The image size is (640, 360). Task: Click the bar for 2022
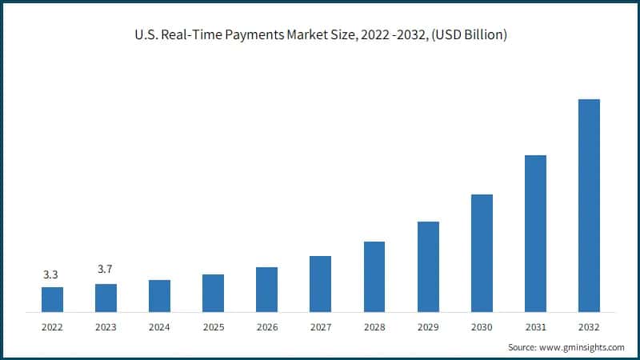tap(52, 299)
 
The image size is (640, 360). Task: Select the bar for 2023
tap(106, 298)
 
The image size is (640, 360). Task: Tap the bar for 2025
tap(213, 293)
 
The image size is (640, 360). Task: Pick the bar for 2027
tap(320, 284)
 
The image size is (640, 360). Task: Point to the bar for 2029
tap(428, 266)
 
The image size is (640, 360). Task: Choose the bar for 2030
tap(482, 253)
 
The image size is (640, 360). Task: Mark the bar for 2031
tap(535, 234)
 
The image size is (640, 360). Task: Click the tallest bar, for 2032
tap(589, 206)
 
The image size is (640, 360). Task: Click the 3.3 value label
tap(52, 275)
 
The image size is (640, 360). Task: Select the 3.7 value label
tap(106, 270)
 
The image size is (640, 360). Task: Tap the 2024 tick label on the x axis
tap(159, 327)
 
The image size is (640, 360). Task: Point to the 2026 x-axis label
tap(266, 327)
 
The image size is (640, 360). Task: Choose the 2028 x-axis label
tap(374, 327)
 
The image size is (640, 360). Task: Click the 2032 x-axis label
tap(589, 327)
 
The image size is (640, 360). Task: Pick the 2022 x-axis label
tap(52, 327)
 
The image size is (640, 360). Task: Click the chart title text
tap(320, 35)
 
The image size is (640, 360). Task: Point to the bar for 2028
tap(374, 277)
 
